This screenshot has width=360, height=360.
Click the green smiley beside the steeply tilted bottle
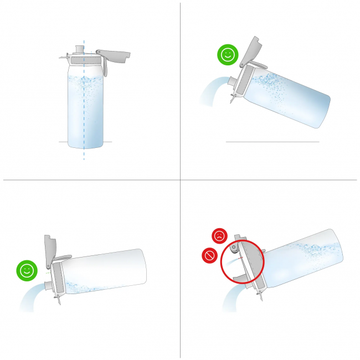(x=226, y=55)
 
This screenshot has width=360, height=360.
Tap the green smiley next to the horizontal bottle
(x=25, y=271)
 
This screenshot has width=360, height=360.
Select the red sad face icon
(x=220, y=236)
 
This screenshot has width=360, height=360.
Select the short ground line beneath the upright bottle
(x=64, y=142)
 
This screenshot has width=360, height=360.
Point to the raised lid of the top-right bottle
(x=252, y=50)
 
